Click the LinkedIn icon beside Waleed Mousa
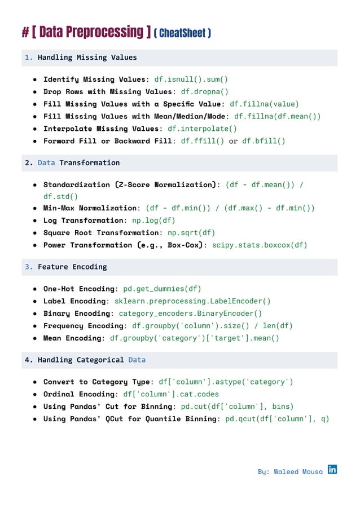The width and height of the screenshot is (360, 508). pyautogui.click(x=332, y=469)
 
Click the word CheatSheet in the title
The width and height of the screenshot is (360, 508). pyautogui.click(x=182, y=33)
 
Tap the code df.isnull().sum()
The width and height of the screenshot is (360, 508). pyautogui.click(x=191, y=79)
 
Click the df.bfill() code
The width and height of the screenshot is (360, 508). pyautogui.click(x=264, y=141)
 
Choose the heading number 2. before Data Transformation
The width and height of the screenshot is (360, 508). pyautogui.click(x=29, y=163)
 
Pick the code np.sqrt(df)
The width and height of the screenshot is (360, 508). pyautogui.click(x=188, y=233)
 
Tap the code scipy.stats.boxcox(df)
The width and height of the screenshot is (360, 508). pyautogui.click(x=260, y=245)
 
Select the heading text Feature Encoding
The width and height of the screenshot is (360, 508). pyautogui.click(x=72, y=267)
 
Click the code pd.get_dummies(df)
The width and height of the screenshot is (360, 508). pyautogui.click(x=162, y=289)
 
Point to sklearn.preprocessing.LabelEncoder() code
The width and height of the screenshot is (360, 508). pyautogui.click(x=192, y=301)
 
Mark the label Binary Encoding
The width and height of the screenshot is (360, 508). pyautogui.click(x=77, y=313)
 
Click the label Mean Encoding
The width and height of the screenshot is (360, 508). pyautogui.click(x=72, y=338)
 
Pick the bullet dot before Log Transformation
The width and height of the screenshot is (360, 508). pyautogui.click(x=35, y=220)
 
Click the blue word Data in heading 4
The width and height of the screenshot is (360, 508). pyautogui.click(x=137, y=360)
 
